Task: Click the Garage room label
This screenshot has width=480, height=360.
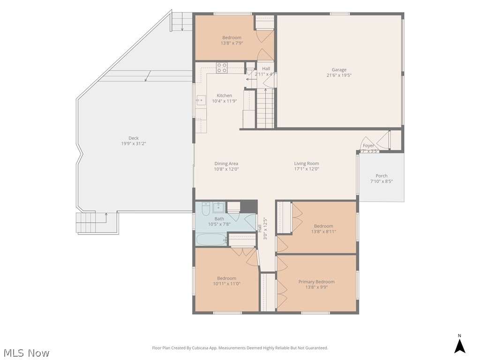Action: point(339,70)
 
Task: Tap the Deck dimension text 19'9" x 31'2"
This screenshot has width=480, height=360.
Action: point(134,144)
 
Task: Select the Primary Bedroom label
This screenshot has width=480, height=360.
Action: point(316,282)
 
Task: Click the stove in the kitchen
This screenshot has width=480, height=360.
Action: point(222,68)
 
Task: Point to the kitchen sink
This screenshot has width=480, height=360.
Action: point(200,100)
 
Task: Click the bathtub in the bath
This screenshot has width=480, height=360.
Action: point(211,240)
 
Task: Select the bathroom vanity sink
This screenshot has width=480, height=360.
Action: point(218,207)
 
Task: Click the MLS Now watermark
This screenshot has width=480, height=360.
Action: point(26,352)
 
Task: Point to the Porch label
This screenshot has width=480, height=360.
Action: point(382,176)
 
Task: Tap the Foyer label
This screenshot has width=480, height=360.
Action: point(368,146)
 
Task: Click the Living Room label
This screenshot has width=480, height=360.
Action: point(307,164)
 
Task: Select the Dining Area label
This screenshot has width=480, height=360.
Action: point(226,164)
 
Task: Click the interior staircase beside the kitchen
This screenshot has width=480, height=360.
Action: point(265,108)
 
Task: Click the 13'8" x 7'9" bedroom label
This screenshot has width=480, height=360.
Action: point(232,37)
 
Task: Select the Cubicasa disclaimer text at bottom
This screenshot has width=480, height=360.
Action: point(240,348)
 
